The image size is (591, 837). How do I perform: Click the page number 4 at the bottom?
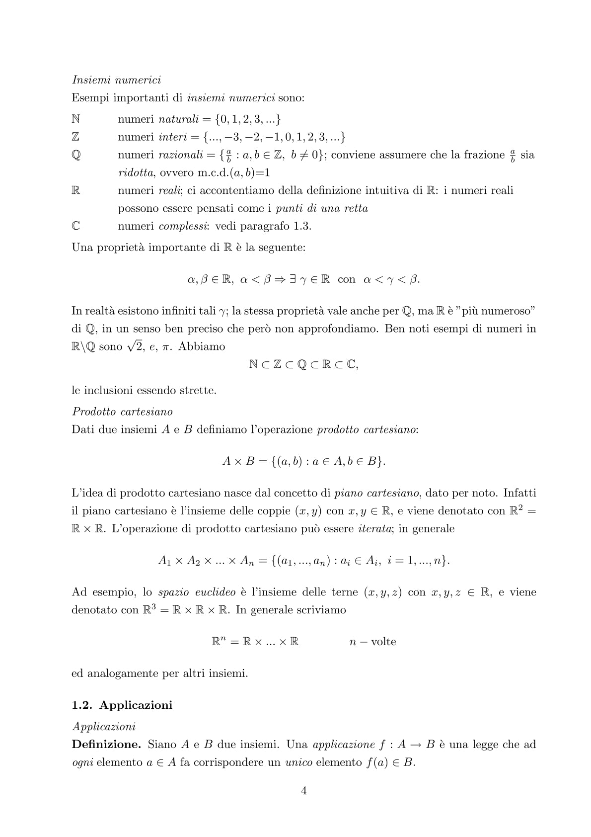[304, 791]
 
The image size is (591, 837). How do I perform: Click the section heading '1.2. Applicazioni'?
[122, 705]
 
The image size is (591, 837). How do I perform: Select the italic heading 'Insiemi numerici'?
[116, 80]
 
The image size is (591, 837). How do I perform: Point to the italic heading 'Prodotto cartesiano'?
[122, 412]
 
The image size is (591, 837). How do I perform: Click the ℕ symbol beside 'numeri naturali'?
[76, 119]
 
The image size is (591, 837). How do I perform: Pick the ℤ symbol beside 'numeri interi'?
[76, 137]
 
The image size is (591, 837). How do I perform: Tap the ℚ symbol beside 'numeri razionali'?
[76, 155]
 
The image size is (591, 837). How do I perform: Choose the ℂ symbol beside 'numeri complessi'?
[76, 226]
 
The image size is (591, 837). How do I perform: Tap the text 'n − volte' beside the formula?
[372, 642]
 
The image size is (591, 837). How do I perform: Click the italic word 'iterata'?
[375, 528]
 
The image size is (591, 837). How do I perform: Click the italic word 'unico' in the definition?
[298, 762]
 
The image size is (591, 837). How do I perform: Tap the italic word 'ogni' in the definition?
[82, 762]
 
